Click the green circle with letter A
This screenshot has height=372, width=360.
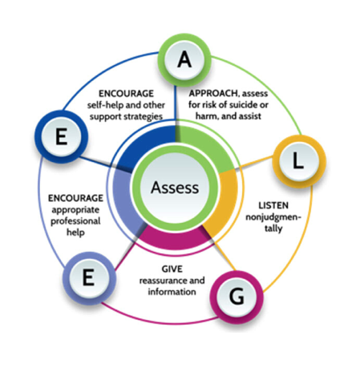point(184,60)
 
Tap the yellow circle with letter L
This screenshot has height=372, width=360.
point(299,161)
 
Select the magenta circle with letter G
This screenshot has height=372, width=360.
point(237,297)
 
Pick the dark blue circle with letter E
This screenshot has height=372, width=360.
point(61,137)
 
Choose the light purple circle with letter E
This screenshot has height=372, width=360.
point(89,278)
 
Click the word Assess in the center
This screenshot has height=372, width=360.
point(175,188)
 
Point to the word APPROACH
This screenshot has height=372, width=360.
point(213,93)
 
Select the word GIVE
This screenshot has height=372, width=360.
point(172,269)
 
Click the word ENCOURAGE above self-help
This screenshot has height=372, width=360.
point(126,94)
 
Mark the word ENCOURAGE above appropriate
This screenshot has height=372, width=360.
point(75,198)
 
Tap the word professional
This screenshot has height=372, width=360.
point(75,221)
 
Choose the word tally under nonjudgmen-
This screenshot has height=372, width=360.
point(273,228)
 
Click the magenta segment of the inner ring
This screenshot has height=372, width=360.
point(175,239)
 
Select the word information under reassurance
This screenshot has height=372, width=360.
point(172,292)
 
